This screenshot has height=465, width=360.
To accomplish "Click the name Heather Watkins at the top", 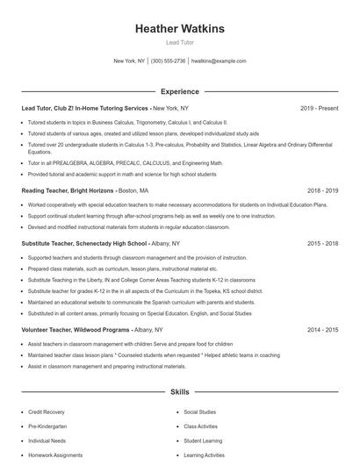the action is tap(179, 29).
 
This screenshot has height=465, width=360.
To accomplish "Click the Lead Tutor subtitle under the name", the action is tap(179, 42).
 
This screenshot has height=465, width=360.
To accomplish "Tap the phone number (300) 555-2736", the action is tap(168, 61).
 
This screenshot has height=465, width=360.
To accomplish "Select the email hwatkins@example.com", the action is tap(219, 61).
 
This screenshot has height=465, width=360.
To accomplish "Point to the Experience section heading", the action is tap(179, 91).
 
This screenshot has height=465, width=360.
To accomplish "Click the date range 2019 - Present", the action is tap(319, 109).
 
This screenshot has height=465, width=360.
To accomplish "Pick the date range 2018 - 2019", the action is tap(322, 190).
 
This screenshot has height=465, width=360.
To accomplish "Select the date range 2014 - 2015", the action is tap(322, 330).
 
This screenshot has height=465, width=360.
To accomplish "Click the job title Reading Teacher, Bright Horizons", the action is tap(68, 190).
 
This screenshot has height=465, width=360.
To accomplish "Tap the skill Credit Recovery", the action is tap(46, 411).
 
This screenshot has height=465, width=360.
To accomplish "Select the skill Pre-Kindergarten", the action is tap(47, 426).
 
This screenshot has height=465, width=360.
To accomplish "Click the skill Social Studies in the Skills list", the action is tap(200, 411).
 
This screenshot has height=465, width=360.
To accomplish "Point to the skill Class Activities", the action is tap(201, 426).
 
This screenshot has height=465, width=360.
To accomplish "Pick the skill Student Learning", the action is tap(203, 440).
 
